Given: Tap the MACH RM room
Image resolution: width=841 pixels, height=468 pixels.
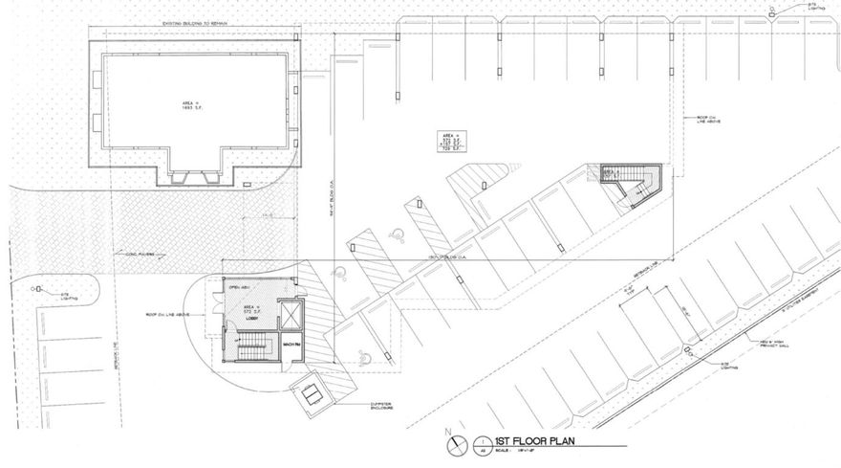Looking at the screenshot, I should pyautogui.click(x=289, y=344).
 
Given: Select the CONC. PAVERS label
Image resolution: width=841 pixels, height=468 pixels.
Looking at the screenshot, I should pyautogui.click(x=140, y=256).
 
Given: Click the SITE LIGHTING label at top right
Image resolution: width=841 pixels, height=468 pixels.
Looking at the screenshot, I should pyautogui.click(x=815, y=9).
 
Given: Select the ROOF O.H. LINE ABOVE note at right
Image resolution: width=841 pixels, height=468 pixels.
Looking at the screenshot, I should pyautogui.click(x=707, y=119).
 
